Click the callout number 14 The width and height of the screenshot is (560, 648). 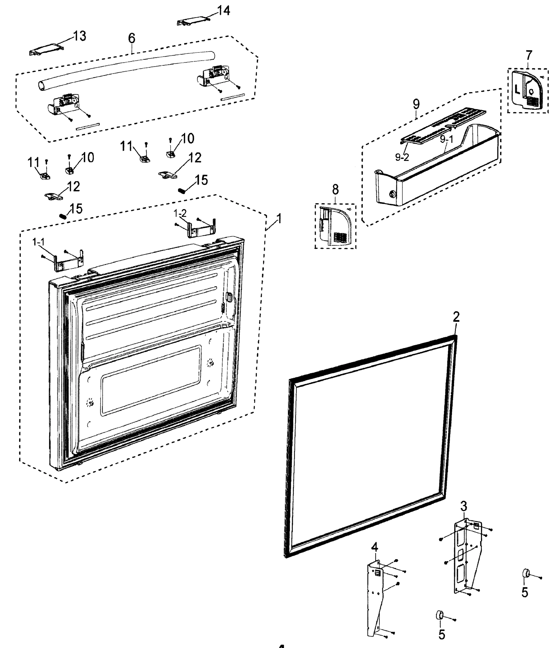pyautogui.click(x=224, y=11)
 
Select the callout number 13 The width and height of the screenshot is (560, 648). pyautogui.click(x=80, y=36)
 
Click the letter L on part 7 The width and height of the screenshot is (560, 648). pyautogui.click(x=517, y=90)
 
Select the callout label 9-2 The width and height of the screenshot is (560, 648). pyautogui.click(x=402, y=157)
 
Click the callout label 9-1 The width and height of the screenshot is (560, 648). pyautogui.click(x=446, y=140)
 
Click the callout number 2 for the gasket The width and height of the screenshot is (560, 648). pyautogui.click(x=456, y=317)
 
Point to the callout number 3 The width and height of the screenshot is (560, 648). pyautogui.click(x=464, y=506)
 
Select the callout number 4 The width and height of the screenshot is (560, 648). pyautogui.click(x=375, y=547)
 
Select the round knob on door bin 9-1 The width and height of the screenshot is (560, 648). pyautogui.click(x=392, y=194)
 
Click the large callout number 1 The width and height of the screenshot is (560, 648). pyautogui.click(x=279, y=218)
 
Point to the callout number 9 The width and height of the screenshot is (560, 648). pyautogui.click(x=416, y=104)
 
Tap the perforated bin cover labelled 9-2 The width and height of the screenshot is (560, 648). pyautogui.click(x=444, y=127)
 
